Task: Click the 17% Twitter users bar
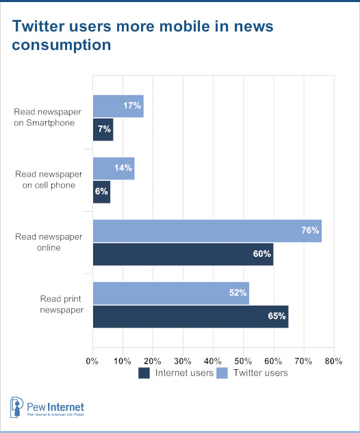118,106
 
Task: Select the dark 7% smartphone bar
103,129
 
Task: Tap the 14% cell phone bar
114,169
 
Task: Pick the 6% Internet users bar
101,193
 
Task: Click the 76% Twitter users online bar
207,231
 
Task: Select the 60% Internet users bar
183,254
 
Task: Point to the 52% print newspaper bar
171,293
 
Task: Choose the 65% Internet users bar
191,317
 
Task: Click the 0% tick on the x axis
92,361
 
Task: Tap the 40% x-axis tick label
213,361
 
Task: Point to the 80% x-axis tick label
333,361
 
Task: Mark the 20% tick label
153,361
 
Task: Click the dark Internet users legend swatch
144,373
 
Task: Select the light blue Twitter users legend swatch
222,373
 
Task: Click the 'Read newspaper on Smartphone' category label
47,117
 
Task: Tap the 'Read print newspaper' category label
62,304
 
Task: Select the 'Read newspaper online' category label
49,242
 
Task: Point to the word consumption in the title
62,45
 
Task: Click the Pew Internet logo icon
16,407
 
